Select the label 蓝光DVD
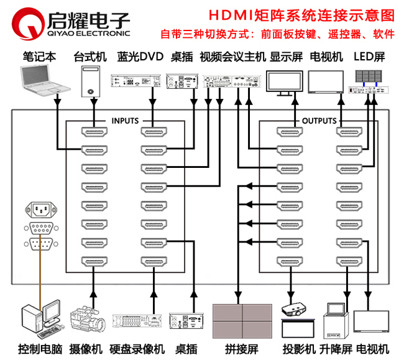pyautogui.click(x=140, y=57)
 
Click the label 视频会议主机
pyautogui.click(x=232, y=57)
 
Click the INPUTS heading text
pyautogui.click(x=125, y=121)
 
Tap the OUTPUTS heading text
pyautogui.click(x=319, y=121)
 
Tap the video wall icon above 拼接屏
pyautogui.click(x=239, y=320)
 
